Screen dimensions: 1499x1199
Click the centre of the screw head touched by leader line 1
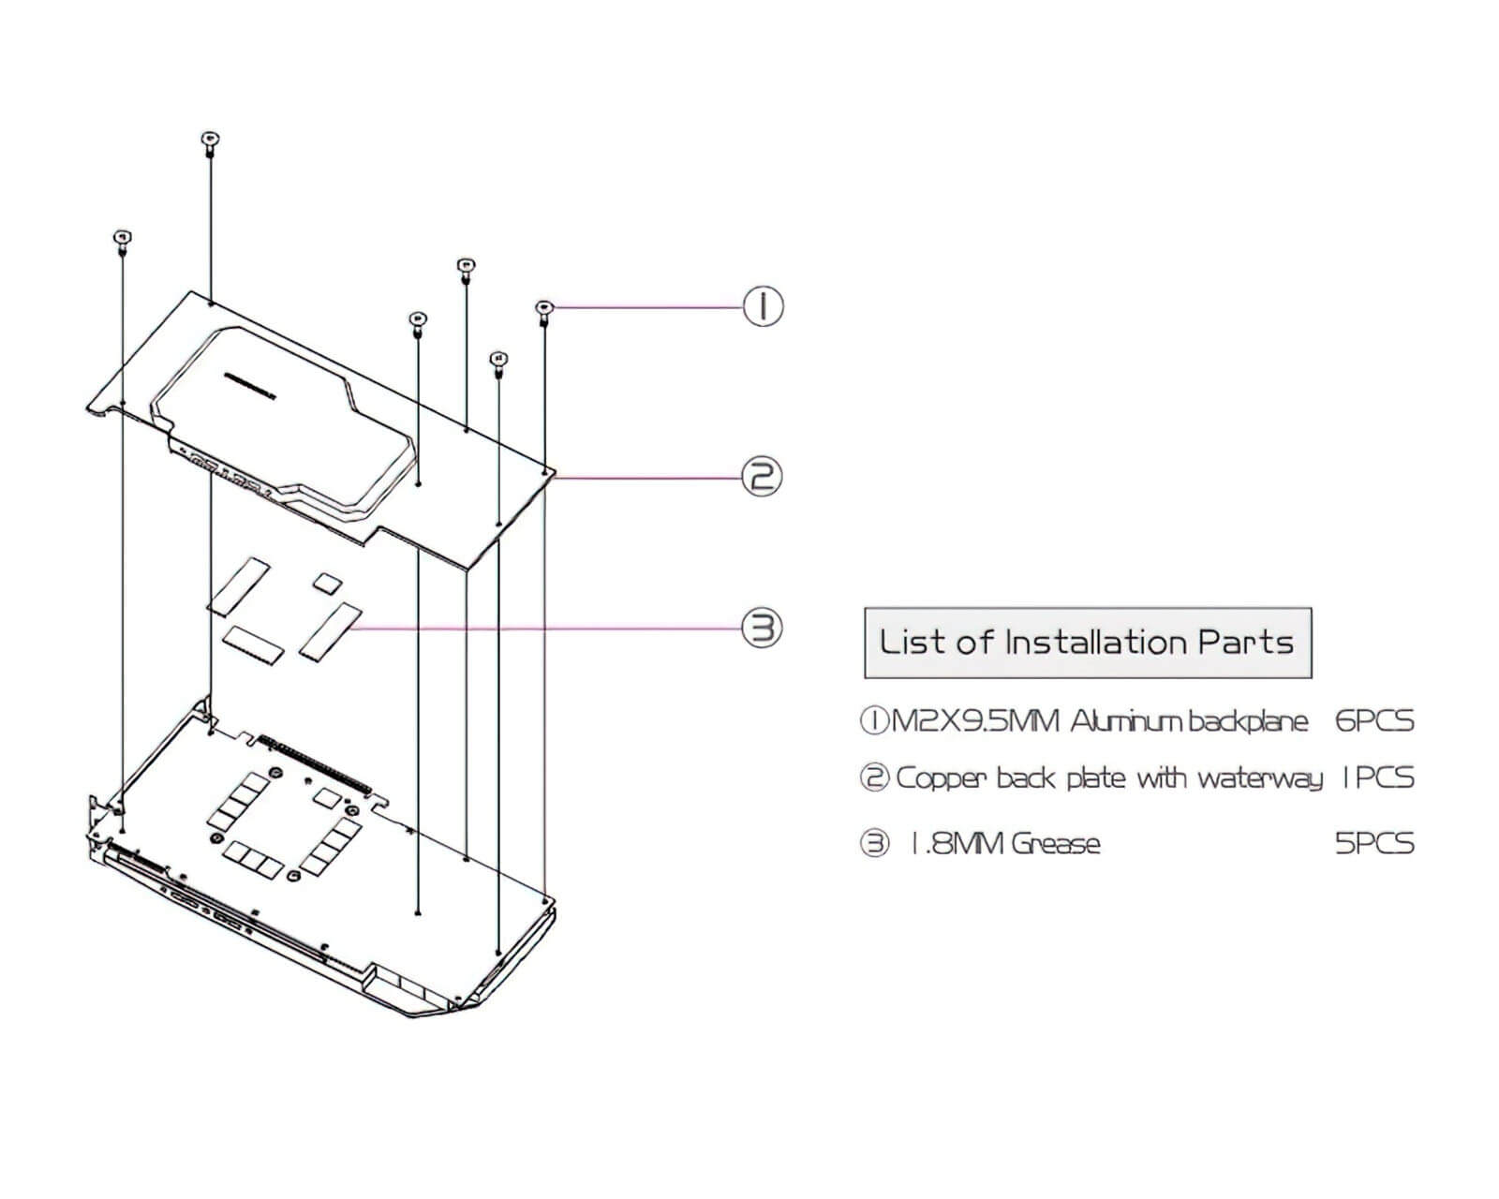click(544, 306)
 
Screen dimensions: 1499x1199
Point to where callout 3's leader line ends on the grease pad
click(351, 629)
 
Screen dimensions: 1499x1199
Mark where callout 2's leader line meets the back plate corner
click(556, 477)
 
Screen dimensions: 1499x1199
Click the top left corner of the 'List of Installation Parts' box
click(865, 608)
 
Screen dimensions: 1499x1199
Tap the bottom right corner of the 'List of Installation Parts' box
click(1312, 678)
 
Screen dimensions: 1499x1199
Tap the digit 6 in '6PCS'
click(1343, 721)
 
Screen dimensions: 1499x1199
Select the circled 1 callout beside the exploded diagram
click(764, 306)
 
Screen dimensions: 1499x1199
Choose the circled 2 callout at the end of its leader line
click(762, 477)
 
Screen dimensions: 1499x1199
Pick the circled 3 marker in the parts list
click(875, 844)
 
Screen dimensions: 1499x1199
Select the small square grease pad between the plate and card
click(327, 582)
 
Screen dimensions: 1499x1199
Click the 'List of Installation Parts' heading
click(1087, 643)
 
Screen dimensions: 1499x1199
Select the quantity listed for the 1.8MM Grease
click(1374, 844)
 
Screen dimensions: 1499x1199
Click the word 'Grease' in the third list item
click(1055, 844)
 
